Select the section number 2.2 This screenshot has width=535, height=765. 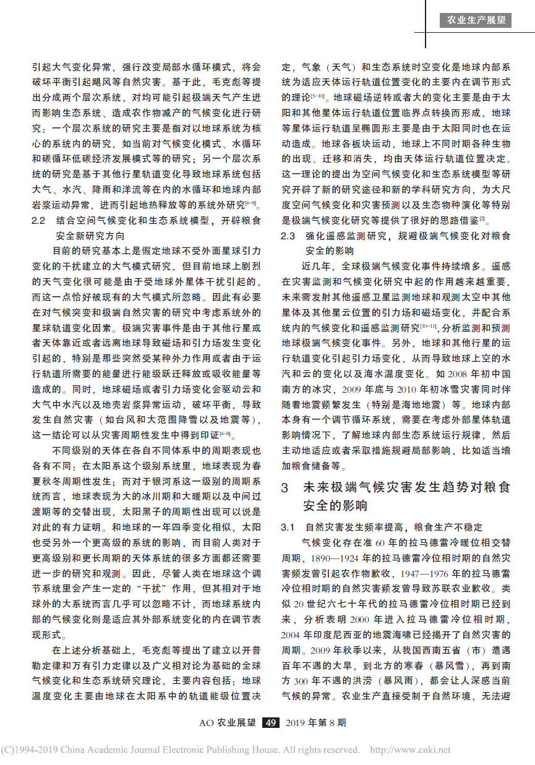[x=39, y=220]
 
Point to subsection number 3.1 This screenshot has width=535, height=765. [x=288, y=527]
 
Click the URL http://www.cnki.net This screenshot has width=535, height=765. [x=411, y=750]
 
